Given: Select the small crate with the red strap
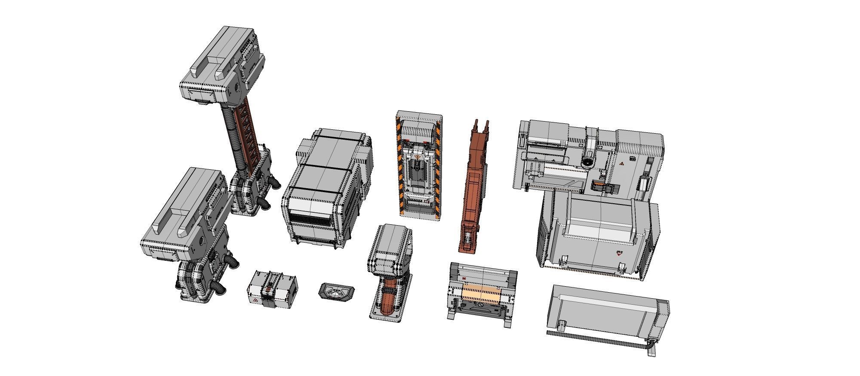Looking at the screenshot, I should click(x=272, y=290).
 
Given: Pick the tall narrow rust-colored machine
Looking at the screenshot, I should click(x=474, y=189).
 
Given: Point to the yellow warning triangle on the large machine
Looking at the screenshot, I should click(x=621, y=165).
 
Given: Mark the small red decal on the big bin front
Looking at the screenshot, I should click(x=619, y=253).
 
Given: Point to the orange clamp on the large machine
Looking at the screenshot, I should click(x=598, y=186).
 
